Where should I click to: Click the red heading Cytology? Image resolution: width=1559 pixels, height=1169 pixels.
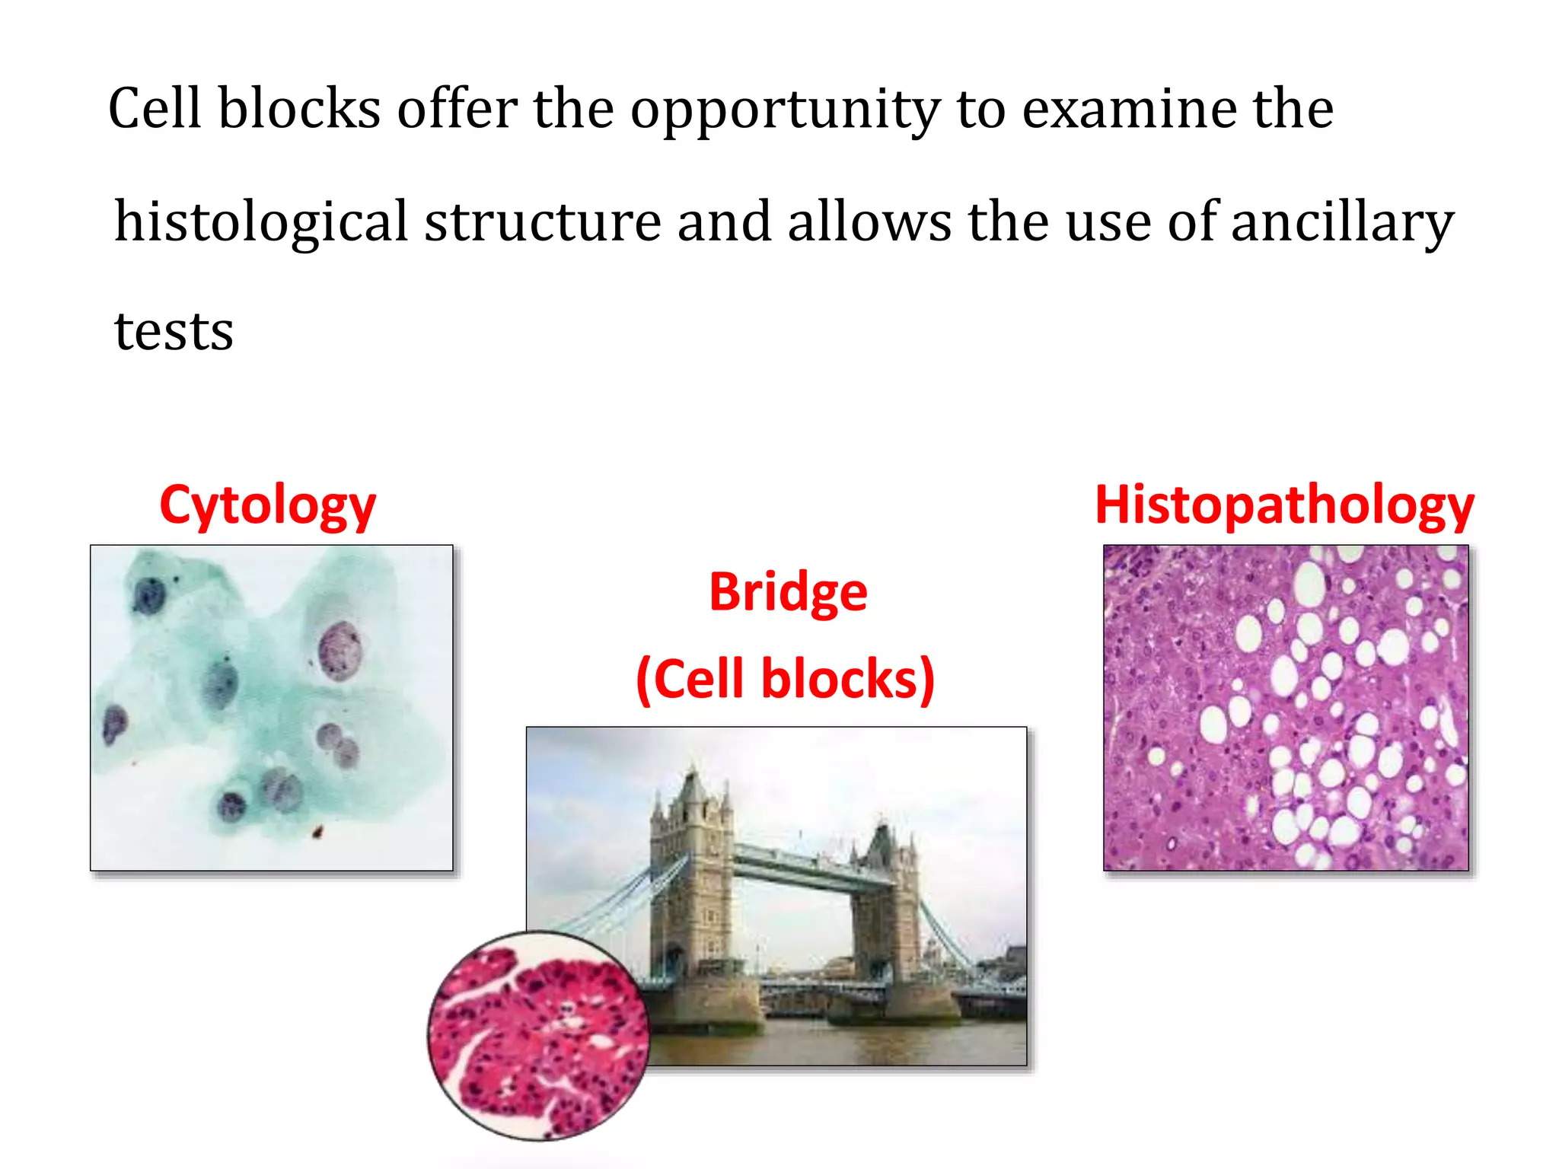tap(267, 505)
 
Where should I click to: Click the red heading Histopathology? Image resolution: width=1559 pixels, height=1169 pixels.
tap(1284, 505)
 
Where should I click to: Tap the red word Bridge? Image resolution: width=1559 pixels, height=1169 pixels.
tap(788, 592)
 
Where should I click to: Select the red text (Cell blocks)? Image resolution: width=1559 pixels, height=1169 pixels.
tap(785, 679)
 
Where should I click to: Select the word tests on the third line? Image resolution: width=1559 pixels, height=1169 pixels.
tap(174, 332)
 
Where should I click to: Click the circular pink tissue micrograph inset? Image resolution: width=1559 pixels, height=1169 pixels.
tap(538, 1036)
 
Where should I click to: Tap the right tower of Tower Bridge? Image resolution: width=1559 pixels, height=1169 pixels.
tap(885, 906)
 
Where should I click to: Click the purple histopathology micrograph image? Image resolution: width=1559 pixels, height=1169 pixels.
tap(1285, 708)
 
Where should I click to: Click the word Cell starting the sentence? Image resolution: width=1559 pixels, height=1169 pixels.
tap(155, 109)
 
